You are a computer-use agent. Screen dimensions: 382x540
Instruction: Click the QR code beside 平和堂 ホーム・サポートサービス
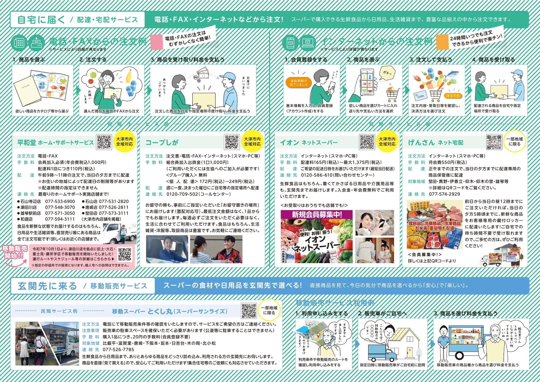tap(104, 142)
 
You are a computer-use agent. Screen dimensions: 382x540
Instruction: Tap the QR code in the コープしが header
tap(232, 142)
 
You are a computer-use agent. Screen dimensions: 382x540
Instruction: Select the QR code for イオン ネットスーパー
tap(367, 142)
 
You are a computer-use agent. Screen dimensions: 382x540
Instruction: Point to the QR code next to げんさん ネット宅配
tap(494, 142)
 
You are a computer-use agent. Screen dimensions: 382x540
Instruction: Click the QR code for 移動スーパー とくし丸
tap(249, 311)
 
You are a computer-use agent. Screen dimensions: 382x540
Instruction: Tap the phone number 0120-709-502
tap(182, 194)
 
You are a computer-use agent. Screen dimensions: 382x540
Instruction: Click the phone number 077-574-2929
tap(444, 194)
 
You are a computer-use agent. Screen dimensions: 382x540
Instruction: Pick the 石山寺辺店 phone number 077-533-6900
tap(60, 202)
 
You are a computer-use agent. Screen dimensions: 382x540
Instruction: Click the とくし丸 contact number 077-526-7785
tap(119, 350)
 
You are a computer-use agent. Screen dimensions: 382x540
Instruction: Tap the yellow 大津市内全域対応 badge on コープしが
tap(252, 142)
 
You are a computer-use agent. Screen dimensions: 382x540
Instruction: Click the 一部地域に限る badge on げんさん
tap(514, 142)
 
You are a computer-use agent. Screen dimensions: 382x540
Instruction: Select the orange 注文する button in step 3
tap(453, 96)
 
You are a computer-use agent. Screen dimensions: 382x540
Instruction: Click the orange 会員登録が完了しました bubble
tap(299, 83)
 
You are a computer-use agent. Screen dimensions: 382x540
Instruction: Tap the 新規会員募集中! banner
tap(316, 215)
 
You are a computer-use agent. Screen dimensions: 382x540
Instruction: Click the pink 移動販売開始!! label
tap(15, 252)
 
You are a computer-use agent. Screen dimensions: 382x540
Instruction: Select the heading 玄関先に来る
tap(47, 286)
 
